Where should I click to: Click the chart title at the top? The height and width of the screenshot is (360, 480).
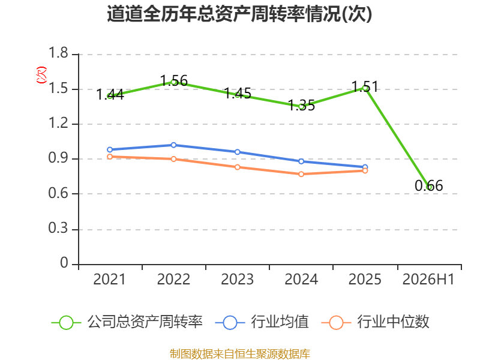click(x=239, y=14)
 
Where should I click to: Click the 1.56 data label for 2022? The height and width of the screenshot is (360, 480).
click(x=174, y=81)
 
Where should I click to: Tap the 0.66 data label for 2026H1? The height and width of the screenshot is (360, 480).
click(x=428, y=185)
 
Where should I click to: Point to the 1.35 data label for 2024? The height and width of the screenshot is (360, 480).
click(x=302, y=106)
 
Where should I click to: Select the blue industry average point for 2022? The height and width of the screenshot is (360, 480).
click(x=173, y=145)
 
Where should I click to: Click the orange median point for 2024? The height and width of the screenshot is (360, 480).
click(x=301, y=174)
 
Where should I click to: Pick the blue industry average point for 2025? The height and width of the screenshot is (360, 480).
click(x=365, y=167)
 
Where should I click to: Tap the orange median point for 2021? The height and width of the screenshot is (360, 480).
click(x=110, y=157)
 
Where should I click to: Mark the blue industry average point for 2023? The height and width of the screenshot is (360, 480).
click(x=238, y=152)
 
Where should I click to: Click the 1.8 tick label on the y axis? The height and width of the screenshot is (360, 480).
click(x=58, y=53)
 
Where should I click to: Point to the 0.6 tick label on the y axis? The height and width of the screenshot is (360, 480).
click(x=58, y=193)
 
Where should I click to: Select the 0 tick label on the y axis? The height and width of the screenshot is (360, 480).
click(x=64, y=263)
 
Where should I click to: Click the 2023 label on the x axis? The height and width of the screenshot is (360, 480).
click(x=238, y=279)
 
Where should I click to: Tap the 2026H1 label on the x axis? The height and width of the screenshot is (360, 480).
click(x=428, y=279)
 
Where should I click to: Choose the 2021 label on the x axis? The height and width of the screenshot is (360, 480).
click(x=110, y=279)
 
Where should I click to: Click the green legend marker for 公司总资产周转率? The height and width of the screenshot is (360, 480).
click(x=66, y=323)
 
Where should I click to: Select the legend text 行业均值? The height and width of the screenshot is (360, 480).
click(x=280, y=322)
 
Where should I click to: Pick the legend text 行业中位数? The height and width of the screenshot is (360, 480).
click(x=394, y=322)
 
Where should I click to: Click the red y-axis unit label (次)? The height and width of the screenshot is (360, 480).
click(x=41, y=75)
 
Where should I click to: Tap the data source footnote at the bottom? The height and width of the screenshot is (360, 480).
click(x=240, y=354)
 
